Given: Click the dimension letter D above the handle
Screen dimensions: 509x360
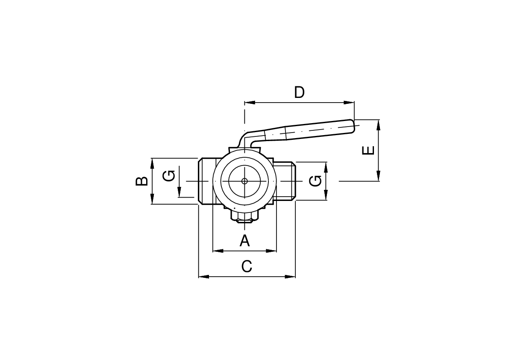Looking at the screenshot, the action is (x=299, y=92).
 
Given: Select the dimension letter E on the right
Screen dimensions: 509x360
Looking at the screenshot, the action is (x=368, y=150).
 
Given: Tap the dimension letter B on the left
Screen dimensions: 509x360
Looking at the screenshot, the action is (x=141, y=181).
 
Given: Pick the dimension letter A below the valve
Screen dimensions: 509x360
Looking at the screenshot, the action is (x=245, y=241).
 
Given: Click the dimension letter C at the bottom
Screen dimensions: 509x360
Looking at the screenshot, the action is (x=247, y=266).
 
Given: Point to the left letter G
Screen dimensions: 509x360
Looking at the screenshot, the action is (x=169, y=176).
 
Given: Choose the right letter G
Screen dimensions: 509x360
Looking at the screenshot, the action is (x=315, y=181).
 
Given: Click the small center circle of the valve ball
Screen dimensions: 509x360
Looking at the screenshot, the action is (x=244, y=181).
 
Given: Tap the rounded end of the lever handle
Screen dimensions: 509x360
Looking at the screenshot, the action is (x=352, y=126).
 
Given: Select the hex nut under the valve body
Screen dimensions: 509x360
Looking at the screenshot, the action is (x=244, y=216).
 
